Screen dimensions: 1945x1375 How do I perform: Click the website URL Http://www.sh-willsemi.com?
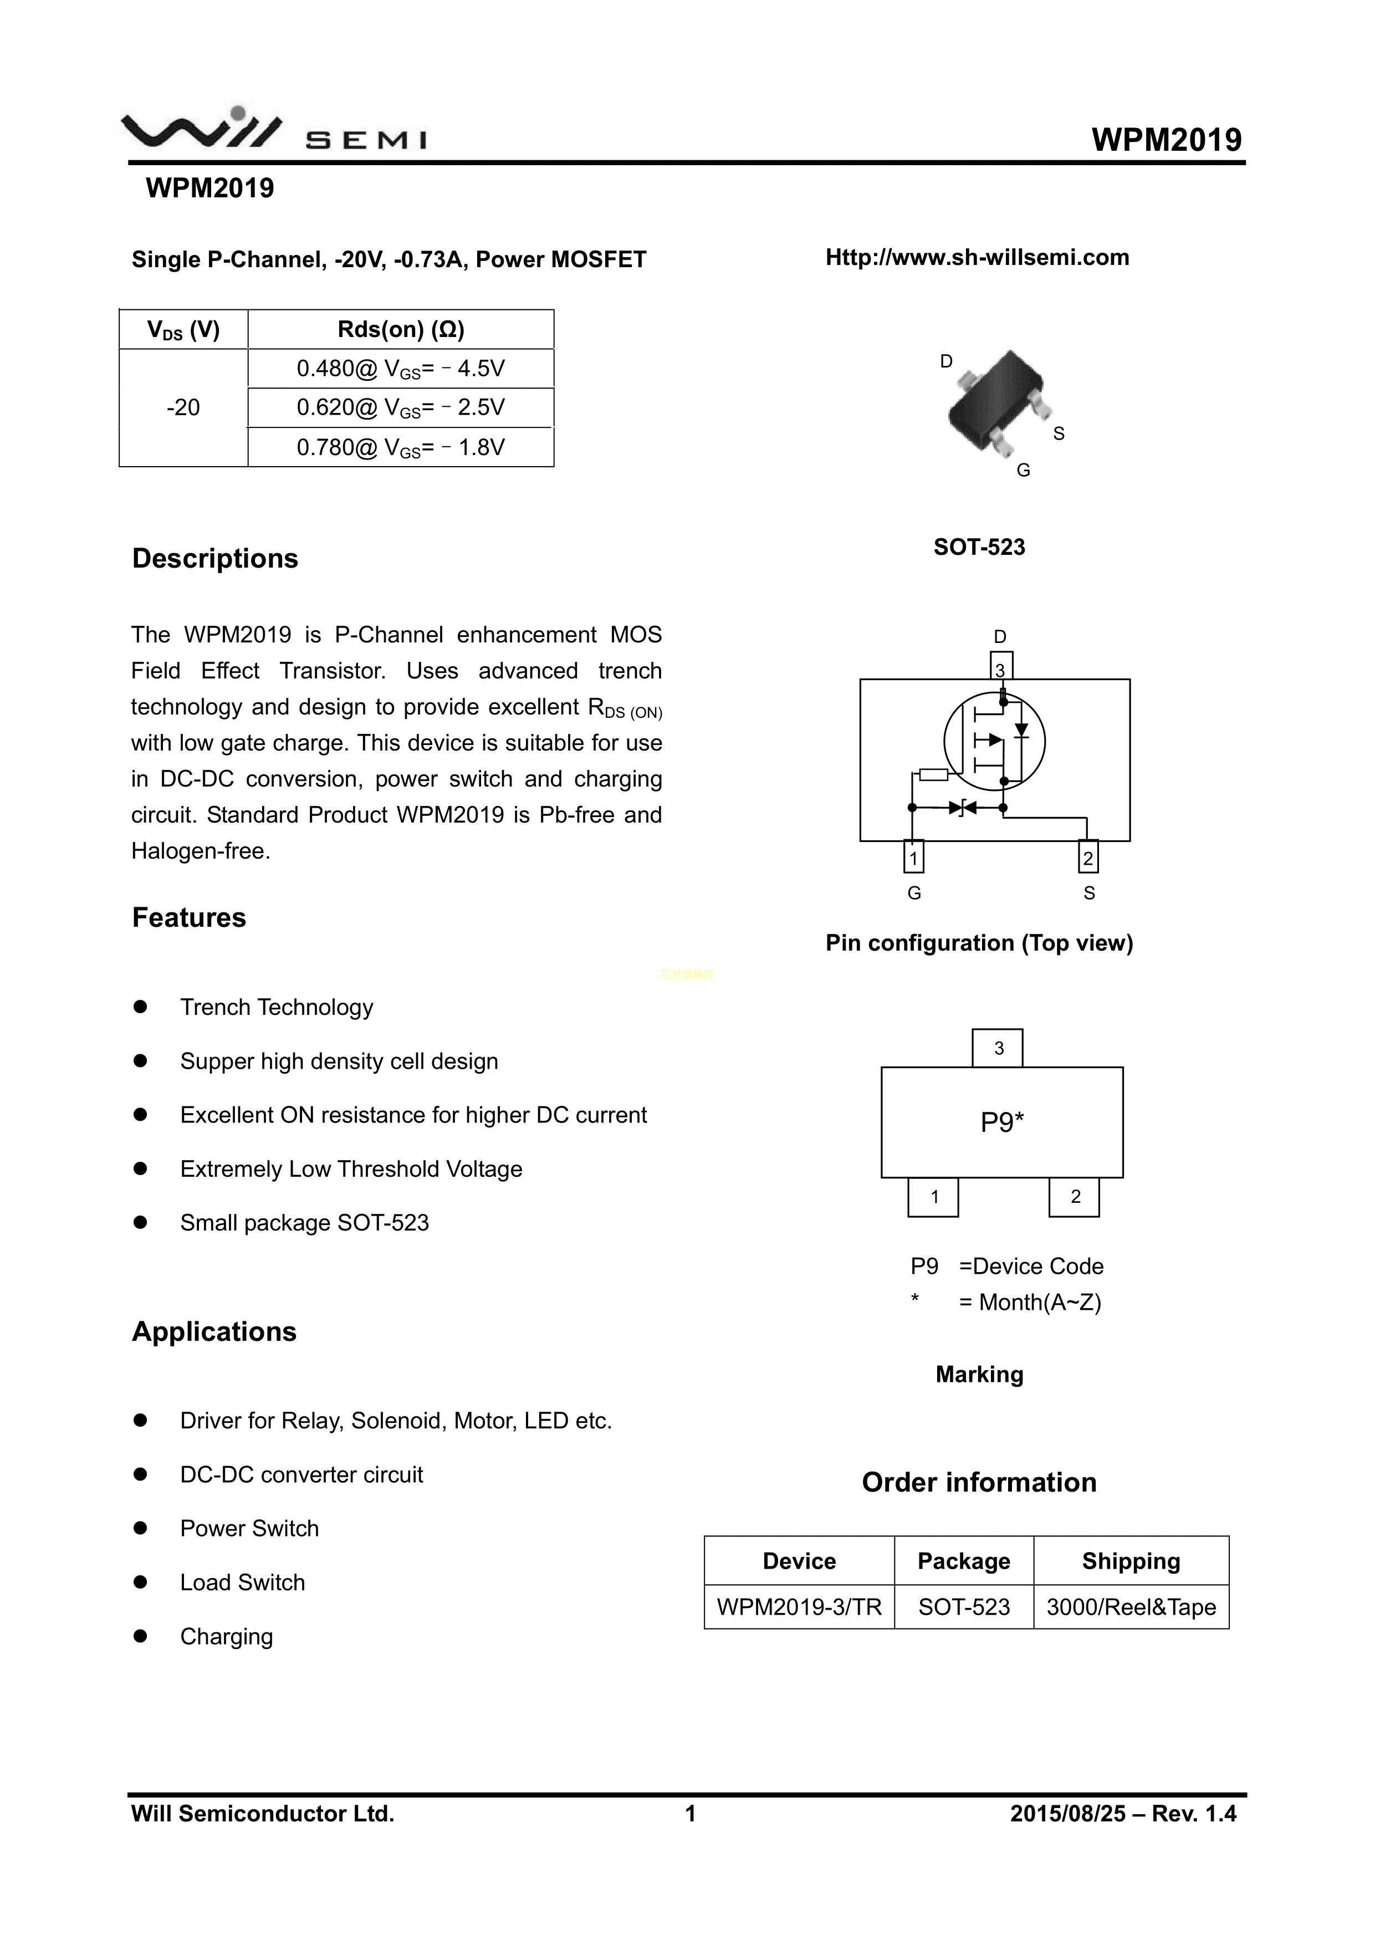pyautogui.click(x=977, y=258)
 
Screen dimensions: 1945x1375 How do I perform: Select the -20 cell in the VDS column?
pyautogui.click(x=183, y=407)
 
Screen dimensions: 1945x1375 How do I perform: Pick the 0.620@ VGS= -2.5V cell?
pyautogui.click(x=401, y=407)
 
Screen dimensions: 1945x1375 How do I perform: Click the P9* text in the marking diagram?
pyautogui.click(x=1002, y=1122)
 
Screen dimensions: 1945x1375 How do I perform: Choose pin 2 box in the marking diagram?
pyautogui.click(x=1074, y=1197)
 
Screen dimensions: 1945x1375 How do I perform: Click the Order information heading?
pyautogui.click(x=979, y=1483)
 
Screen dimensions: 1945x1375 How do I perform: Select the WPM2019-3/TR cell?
pyautogui.click(x=799, y=1607)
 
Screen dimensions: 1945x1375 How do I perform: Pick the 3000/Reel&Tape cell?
pyautogui.click(x=1131, y=1607)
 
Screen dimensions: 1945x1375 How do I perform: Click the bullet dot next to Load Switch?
pyautogui.click(x=141, y=1582)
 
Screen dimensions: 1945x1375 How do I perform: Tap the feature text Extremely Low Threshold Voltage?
pyautogui.click(x=351, y=1169)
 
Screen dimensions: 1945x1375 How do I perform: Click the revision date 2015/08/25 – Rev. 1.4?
pyautogui.click(x=1122, y=1814)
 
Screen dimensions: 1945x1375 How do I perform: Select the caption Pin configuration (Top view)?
pyautogui.click(x=979, y=943)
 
